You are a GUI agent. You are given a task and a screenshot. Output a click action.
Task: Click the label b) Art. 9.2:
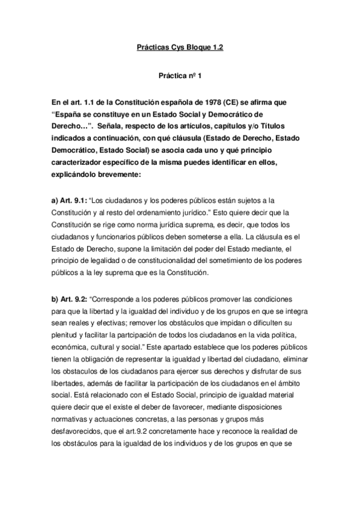(x=70, y=299)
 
